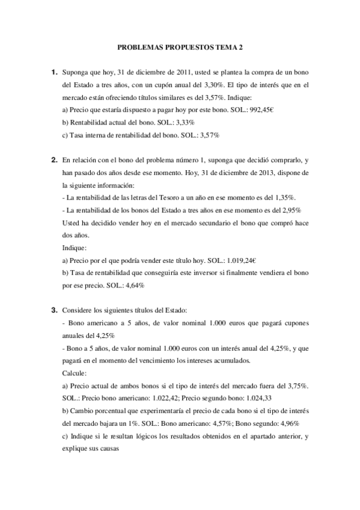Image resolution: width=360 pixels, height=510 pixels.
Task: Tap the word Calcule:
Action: pos(75,373)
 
